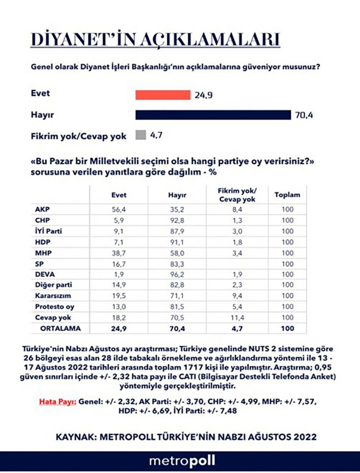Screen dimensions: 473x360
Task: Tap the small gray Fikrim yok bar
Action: pos(140,136)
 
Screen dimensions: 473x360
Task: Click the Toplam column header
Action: pos(287,195)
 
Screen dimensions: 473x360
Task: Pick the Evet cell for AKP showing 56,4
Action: pos(118,210)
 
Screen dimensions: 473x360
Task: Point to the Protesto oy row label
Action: pos(54,307)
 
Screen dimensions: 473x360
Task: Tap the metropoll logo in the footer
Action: pos(182,461)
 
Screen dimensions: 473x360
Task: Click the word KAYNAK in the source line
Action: pos(77,437)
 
